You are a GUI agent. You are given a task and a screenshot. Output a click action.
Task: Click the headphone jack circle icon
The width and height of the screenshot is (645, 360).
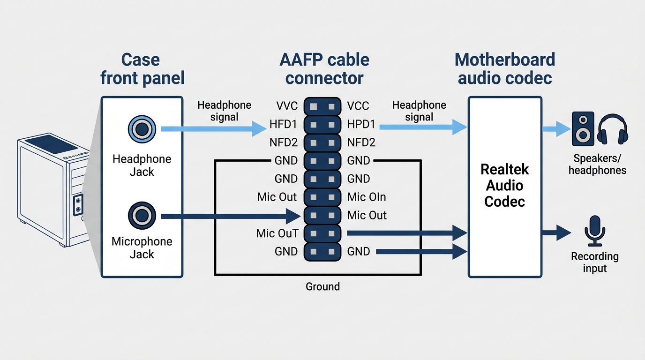(142, 129)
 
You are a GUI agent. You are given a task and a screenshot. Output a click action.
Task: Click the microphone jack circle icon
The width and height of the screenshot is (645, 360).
(142, 216)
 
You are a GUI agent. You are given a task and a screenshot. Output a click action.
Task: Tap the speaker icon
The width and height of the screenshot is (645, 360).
(583, 129)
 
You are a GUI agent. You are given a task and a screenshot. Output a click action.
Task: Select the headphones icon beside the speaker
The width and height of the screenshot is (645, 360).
(613, 129)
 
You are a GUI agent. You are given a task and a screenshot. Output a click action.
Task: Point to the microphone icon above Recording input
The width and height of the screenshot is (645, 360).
(595, 231)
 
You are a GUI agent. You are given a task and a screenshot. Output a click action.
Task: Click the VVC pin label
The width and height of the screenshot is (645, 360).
(287, 106)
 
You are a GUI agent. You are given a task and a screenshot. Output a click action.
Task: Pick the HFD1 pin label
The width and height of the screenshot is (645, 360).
(283, 124)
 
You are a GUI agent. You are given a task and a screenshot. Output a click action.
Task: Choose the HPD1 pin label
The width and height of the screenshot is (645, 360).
(361, 124)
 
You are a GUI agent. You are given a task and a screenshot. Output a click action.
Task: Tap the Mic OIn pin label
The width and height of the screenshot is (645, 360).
(367, 197)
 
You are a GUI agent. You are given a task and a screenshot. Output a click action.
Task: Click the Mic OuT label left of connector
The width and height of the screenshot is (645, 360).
(277, 233)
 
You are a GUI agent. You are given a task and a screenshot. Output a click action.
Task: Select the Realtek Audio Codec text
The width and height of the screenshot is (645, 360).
(504, 186)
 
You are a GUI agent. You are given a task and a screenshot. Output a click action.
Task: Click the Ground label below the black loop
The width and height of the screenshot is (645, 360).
(322, 286)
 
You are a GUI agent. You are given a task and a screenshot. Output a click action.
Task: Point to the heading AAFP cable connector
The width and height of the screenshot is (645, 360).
(324, 69)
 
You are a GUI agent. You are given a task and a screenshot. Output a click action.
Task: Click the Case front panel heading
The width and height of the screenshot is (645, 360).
(142, 69)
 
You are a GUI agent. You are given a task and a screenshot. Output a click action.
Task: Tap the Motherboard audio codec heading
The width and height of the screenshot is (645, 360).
(505, 69)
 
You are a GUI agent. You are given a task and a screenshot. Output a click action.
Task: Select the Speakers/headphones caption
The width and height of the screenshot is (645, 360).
(597, 164)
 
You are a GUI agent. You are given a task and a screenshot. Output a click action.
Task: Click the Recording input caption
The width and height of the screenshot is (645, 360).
(595, 262)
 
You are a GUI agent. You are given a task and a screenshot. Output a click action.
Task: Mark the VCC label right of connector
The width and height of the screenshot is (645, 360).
(358, 106)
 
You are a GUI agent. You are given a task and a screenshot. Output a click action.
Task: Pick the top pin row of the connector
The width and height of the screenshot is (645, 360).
(322, 106)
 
